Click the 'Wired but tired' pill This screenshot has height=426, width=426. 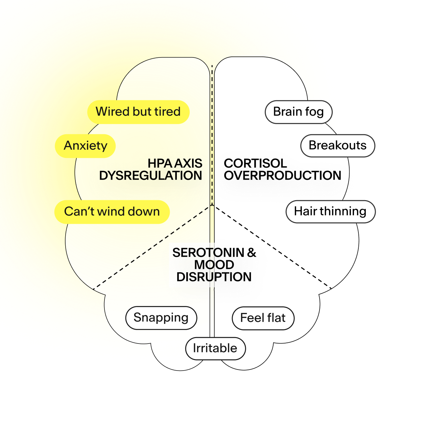138,112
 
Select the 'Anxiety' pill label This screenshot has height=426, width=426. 86,146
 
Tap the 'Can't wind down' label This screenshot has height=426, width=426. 112,212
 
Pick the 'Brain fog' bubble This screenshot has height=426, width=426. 298,112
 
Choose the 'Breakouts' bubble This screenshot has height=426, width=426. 337,146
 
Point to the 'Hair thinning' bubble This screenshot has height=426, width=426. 330,212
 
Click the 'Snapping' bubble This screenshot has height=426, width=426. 161,318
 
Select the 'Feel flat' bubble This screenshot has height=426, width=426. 263,318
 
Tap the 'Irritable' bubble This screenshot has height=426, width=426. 215,348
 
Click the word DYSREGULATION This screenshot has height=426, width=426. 150,176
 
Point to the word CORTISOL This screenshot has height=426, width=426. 255,163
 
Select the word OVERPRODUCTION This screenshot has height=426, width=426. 282,176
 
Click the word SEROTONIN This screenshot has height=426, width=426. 208,253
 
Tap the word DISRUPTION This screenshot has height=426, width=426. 214,277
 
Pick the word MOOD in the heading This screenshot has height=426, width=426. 214,265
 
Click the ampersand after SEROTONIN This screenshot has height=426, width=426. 252,253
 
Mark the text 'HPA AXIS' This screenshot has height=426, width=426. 175,163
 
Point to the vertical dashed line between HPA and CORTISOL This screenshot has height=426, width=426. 212,135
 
